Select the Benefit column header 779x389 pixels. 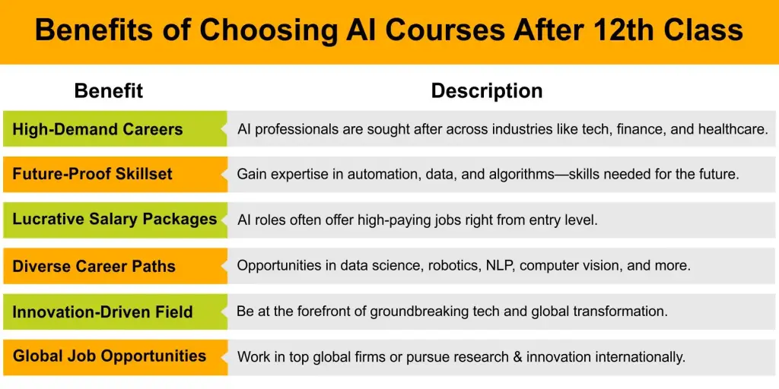tap(108, 91)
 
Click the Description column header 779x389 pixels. tap(487, 91)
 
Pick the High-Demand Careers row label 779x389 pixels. tap(97, 129)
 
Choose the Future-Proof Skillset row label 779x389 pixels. tap(92, 174)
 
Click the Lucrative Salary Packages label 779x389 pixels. tap(115, 220)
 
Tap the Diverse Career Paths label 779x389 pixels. tap(94, 266)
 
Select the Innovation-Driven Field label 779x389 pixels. tap(103, 312)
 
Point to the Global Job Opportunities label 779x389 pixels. tap(110, 356)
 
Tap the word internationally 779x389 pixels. tap(638, 356)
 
